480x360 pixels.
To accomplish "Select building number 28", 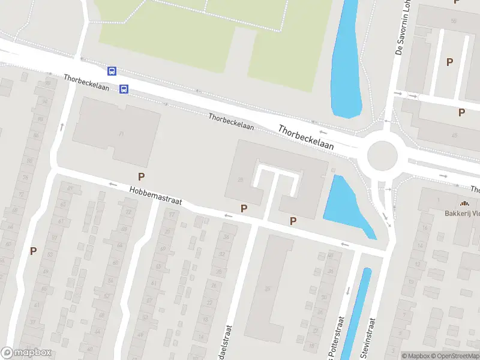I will click(x=241, y=179).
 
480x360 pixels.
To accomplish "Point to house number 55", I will click(x=454, y=21).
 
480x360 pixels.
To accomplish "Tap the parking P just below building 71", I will click(x=142, y=176).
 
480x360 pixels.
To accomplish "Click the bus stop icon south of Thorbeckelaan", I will click(x=124, y=89).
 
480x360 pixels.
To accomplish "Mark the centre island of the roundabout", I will click(x=382, y=156).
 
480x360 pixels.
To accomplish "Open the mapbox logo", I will click(x=26, y=353).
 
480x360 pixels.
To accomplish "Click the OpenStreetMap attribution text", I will click(x=456, y=356).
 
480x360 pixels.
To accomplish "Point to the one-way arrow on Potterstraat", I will click(x=347, y=291).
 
